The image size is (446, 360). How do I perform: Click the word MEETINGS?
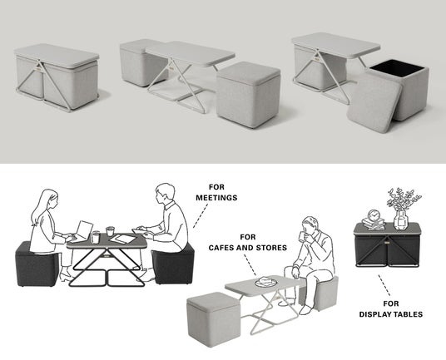pos(216,198)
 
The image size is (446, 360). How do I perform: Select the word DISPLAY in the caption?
pos(376,314)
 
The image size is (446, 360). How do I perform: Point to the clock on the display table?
pos(374,215)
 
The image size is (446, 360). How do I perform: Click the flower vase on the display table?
pos(401,219)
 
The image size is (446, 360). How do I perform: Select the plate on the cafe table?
pos(266,282)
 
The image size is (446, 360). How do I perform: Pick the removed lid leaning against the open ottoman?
pos(374,103)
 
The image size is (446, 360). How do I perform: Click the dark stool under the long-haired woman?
pos(36,265)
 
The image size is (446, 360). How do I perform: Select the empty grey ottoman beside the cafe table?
pos(214,320)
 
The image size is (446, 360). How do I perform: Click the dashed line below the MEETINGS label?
pos(201,216)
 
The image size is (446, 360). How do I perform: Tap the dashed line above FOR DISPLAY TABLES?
pos(384,285)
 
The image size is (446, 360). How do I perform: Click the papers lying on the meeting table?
pos(122,239)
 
